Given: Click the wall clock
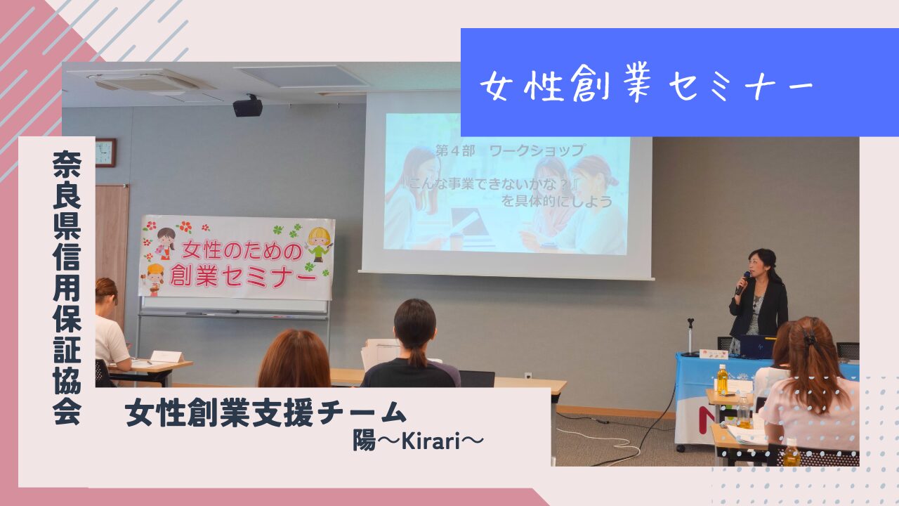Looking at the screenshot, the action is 105,153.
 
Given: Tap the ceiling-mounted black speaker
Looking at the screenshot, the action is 248,107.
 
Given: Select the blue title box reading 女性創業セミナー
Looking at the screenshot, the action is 680,82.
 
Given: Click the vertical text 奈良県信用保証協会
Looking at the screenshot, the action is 67,287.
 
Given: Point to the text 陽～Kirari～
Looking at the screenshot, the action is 418,441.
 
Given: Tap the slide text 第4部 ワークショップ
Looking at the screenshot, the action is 511,151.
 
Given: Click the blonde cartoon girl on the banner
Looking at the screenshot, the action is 319,243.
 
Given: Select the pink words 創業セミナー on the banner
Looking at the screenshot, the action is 243,276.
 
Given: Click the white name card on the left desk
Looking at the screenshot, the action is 166,356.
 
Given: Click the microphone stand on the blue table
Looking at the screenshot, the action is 690,337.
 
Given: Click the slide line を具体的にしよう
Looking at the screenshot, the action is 556,201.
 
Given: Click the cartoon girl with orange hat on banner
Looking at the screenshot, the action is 155,279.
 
